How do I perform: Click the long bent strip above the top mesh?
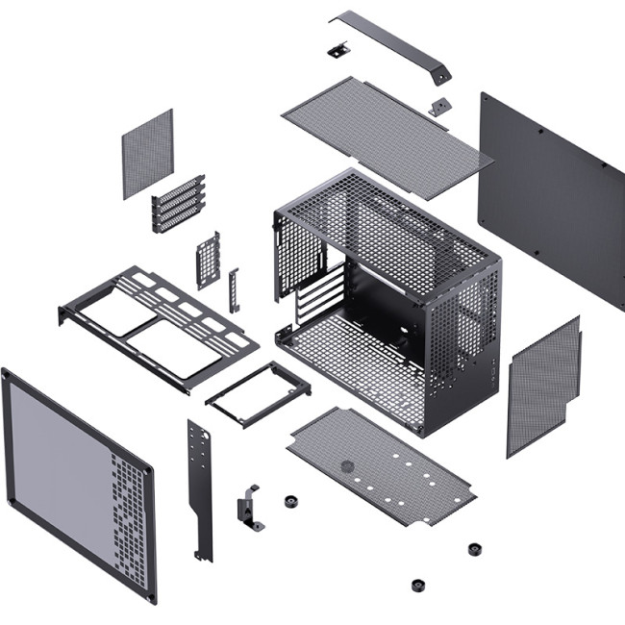385,38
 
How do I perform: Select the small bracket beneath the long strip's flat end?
337,49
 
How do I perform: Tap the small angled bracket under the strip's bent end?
439,106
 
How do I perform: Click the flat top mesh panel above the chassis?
385,125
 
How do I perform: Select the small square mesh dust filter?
147,154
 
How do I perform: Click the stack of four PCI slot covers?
179,204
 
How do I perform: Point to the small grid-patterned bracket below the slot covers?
208,260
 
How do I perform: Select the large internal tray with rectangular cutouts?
159,322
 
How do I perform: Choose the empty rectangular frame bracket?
258,393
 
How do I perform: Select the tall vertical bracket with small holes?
199,486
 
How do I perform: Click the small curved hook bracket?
249,507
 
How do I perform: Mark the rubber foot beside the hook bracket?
290,501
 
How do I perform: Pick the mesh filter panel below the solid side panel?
543,385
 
